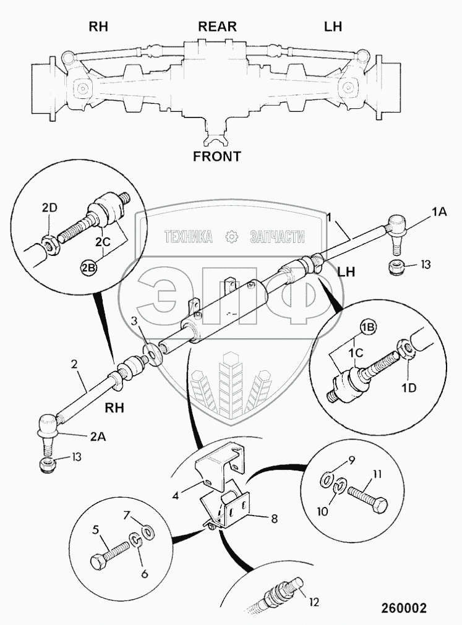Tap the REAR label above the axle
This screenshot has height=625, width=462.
tap(217, 27)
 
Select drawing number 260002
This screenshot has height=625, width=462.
tap(400, 608)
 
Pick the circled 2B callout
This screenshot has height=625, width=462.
tap(88, 268)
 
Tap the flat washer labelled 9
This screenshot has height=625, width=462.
tap(324, 479)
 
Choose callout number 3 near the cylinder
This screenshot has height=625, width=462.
tap(134, 321)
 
